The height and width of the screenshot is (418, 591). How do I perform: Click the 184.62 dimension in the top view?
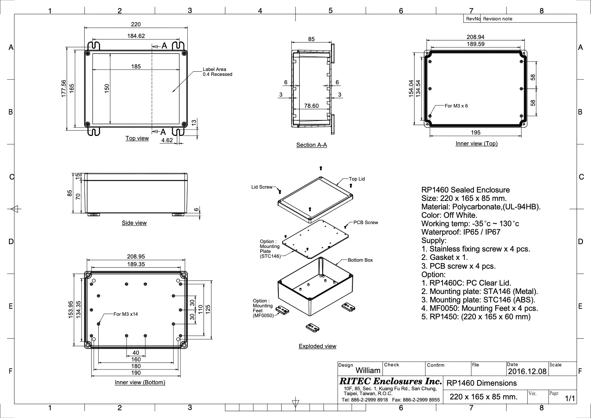click(136, 36)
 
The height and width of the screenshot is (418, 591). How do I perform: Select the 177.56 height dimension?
click(64, 89)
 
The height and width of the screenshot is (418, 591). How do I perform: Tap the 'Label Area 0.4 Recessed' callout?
click(217, 72)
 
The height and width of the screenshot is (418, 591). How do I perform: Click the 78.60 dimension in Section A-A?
click(311, 106)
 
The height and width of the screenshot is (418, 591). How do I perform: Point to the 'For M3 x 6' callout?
click(456, 106)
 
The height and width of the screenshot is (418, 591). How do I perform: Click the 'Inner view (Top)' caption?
click(477, 143)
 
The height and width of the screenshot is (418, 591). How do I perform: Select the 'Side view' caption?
click(134, 223)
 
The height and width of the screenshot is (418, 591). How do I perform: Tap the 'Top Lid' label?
click(357, 179)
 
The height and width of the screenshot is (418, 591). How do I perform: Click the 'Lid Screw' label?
click(262, 187)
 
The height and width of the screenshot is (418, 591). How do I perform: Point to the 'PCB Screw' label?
click(366, 223)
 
